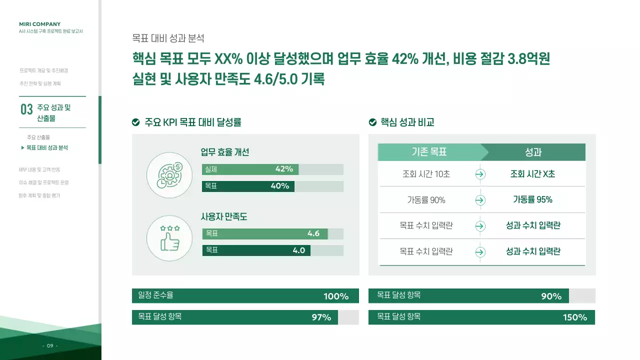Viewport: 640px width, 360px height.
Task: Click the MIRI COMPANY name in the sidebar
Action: [x=39, y=24]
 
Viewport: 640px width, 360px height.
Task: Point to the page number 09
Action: [x=50, y=346]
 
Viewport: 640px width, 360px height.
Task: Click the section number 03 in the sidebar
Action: [x=26, y=109]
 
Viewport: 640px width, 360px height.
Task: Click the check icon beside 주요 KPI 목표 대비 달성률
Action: [x=135, y=122]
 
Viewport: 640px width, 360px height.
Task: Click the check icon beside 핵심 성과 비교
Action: [x=372, y=122]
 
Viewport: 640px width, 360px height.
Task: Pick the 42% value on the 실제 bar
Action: [x=284, y=169]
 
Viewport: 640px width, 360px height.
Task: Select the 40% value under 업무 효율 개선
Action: [x=279, y=186]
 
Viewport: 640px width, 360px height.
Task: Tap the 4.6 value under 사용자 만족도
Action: [x=313, y=233]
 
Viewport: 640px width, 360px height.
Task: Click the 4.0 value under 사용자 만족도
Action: [x=298, y=250]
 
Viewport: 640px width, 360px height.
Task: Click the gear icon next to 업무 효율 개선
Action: [x=169, y=175]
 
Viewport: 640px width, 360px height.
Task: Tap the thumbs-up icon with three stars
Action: [x=169, y=238]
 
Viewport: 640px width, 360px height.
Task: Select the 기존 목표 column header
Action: [x=429, y=152]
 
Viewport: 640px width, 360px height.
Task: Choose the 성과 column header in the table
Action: [x=533, y=152]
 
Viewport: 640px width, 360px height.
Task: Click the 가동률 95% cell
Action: [x=532, y=199]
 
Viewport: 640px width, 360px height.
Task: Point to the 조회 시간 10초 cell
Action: [x=426, y=174]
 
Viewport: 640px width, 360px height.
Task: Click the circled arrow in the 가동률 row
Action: [x=480, y=200]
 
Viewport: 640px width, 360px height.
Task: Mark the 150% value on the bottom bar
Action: [x=574, y=317]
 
